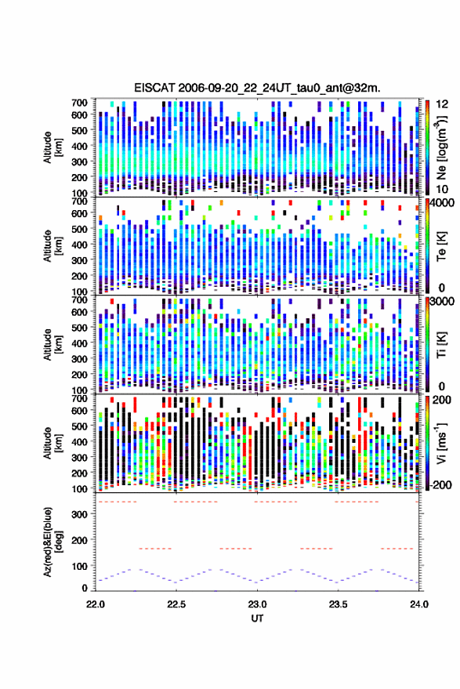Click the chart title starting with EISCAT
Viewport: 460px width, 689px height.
(258, 88)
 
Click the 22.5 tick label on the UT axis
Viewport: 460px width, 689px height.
(176, 604)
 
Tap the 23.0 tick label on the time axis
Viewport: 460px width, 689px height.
(257, 604)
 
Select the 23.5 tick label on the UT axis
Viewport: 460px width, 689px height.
(338, 604)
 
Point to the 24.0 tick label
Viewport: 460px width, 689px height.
(418, 604)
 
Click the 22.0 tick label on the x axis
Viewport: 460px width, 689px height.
(96, 604)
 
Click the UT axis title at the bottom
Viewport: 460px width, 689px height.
(257, 618)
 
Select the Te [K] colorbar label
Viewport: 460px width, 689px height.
(441, 246)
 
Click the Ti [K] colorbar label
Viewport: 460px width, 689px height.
(441, 345)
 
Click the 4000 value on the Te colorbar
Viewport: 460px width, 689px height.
(443, 203)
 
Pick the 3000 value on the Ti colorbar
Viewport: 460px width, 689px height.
(443, 302)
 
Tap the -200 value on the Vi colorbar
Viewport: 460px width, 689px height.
(441, 485)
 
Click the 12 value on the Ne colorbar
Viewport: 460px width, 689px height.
(442, 104)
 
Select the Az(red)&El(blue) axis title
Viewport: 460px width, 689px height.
(53, 542)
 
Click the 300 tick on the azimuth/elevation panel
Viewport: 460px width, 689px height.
(79, 514)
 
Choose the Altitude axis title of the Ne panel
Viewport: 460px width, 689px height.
(53, 147)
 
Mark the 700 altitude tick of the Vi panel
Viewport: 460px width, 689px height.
(79, 399)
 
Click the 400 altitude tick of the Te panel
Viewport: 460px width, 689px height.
(79, 245)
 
